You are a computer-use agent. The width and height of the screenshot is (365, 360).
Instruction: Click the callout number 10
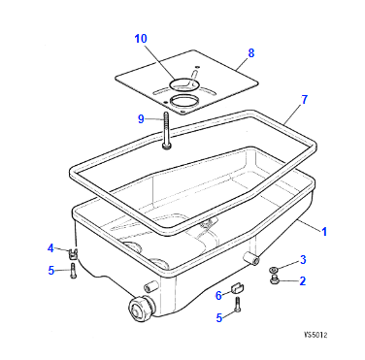click(x=141, y=39)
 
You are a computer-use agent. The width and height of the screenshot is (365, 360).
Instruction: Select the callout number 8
click(x=251, y=53)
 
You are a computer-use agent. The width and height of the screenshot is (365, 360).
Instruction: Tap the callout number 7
click(x=304, y=100)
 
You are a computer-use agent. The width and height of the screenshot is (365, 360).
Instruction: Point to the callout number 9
click(x=141, y=119)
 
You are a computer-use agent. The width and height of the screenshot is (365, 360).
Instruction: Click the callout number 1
click(x=324, y=232)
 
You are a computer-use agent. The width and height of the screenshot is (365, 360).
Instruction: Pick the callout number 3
click(x=303, y=259)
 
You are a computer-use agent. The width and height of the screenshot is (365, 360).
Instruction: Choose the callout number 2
click(x=303, y=280)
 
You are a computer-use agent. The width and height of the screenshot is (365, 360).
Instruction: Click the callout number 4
click(x=50, y=248)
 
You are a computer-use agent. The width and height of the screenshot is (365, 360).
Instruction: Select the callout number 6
click(x=218, y=295)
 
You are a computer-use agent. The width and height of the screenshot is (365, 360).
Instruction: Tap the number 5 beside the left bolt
click(x=51, y=271)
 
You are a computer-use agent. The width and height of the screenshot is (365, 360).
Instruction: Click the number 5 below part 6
click(x=219, y=318)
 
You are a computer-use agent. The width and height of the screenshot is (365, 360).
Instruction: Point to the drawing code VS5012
click(x=315, y=335)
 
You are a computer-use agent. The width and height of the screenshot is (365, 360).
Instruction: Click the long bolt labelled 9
click(x=166, y=131)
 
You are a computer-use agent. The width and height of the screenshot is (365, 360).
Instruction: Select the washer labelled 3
click(x=273, y=269)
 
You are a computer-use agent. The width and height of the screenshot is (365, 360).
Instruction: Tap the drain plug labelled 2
click(x=275, y=279)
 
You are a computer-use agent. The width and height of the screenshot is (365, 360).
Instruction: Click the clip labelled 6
click(x=238, y=287)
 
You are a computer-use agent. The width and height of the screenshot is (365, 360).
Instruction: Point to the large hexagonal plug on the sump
click(x=141, y=309)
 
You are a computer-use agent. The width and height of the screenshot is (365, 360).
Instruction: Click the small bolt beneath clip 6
click(x=238, y=305)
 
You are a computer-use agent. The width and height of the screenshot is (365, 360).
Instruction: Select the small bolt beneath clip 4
click(x=73, y=271)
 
